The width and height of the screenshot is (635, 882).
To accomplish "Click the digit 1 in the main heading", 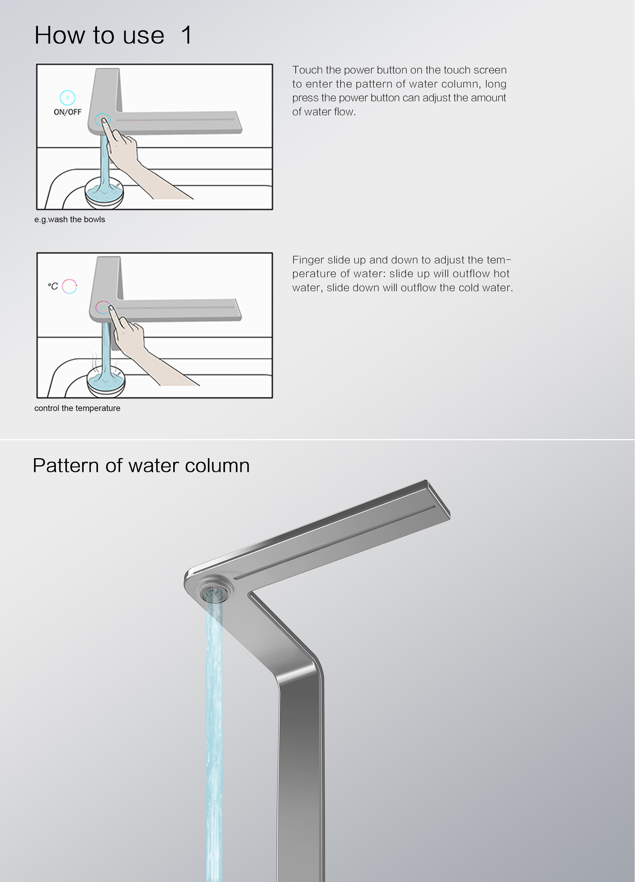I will [187, 35].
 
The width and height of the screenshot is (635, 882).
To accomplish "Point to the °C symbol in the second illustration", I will [53, 286].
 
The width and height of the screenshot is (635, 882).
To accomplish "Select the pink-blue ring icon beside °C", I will [70, 286].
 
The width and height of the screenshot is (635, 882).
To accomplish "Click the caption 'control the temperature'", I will [77, 408].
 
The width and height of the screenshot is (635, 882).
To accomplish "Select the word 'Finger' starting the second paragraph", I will [308, 260].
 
